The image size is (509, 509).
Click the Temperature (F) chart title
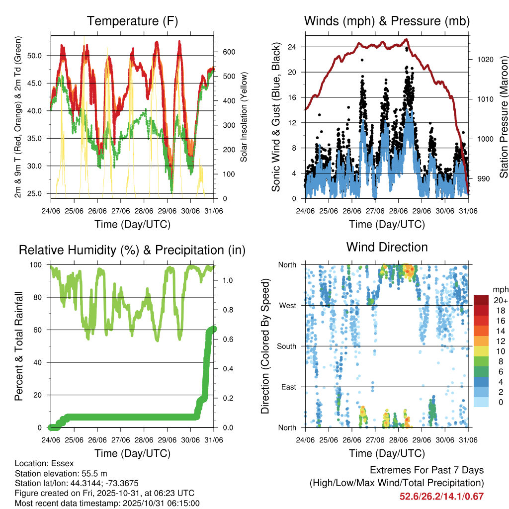point(132,21)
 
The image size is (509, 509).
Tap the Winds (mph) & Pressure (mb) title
point(387,21)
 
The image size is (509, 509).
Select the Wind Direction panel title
point(387,247)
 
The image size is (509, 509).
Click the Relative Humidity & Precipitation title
point(132,250)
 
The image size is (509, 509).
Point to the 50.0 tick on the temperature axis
point(40,55)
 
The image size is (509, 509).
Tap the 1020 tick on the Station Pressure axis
point(484,59)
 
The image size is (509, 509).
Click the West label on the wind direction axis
point(287,305)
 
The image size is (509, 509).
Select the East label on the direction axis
point(288,387)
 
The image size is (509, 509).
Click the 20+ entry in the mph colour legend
point(500,300)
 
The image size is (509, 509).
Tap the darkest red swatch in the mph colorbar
point(481,300)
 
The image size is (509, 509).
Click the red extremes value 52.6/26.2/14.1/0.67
point(441,496)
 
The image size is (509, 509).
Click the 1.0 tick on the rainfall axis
point(228,280)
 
